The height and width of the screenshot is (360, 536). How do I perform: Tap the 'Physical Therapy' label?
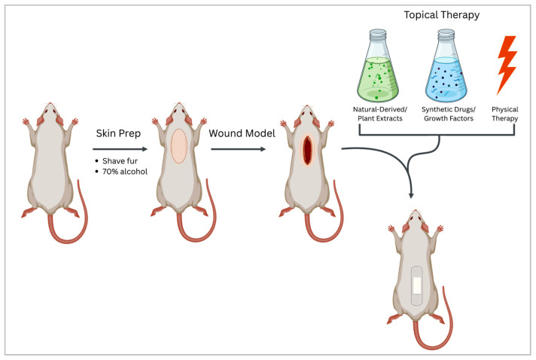(x=504, y=113)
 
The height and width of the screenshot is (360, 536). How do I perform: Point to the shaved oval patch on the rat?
(x=179, y=147)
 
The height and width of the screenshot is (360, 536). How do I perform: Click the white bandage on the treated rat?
(x=416, y=284)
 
